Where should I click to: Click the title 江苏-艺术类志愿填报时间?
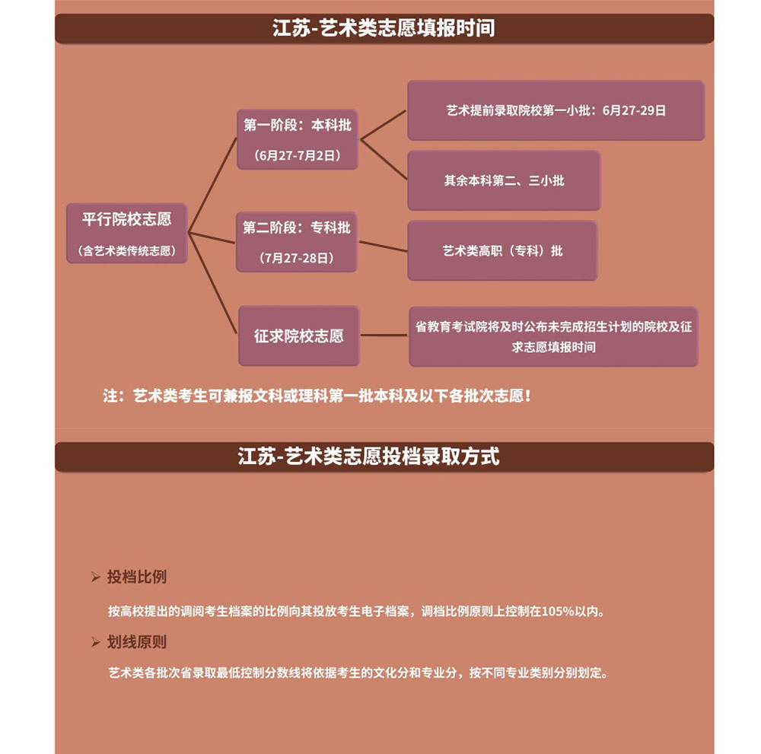pos(384,27)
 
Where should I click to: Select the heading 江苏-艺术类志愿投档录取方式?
pos(368,456)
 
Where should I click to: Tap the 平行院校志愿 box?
pos(126,234)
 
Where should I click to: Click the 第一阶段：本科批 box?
pos(298,140)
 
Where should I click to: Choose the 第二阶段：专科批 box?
pos(297,242)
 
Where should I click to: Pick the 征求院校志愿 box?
pos(299,336)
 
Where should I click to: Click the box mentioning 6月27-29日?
pos(556,110)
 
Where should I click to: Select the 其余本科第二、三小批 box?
pos(505,180)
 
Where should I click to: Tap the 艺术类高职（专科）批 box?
pos(503,251)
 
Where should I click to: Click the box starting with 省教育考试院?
pos(554,337)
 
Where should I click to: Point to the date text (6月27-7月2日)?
pos(298,156)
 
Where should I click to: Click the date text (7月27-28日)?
pos(297,258)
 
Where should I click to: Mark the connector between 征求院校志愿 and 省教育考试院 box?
pos(384,336)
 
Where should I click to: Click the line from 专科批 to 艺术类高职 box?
pos(383,247)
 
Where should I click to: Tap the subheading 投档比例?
pos(137,577)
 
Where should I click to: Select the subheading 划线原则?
pos(137,642)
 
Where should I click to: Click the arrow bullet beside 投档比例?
pos(96,577)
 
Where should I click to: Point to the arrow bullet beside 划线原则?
pos(96,642)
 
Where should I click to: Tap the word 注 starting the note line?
pos(110,396)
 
